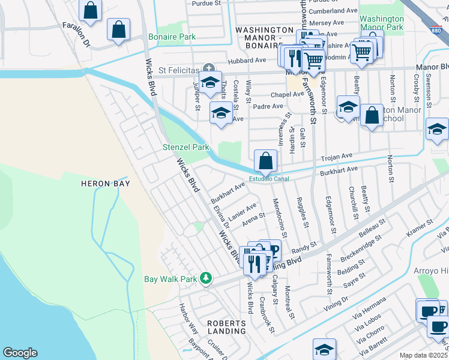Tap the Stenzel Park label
186,147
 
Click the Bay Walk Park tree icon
206,278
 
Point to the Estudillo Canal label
269,179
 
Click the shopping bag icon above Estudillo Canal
265,161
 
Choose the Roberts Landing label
226,326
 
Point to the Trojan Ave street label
337,157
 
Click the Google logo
20,353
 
